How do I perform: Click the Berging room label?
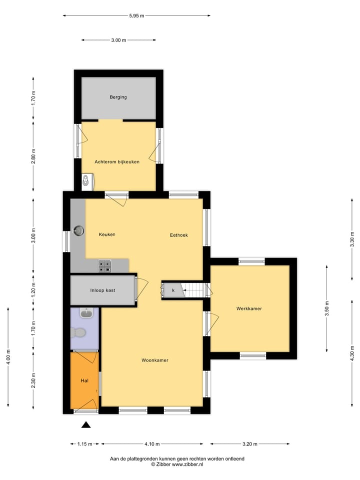click(118, 97)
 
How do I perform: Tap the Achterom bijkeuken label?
click(117, 161)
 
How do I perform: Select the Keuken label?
click(107, 234)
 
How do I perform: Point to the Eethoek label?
click(178, 235)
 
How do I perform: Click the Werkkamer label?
click(249, 308)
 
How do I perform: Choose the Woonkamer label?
click(154, 360)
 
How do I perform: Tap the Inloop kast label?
click(102, 290)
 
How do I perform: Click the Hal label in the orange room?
click(84, 380)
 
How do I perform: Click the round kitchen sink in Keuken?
click(78, 230)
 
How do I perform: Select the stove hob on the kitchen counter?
click(105, 266)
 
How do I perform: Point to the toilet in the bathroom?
click(78, 332)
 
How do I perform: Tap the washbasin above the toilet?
click(86, 313)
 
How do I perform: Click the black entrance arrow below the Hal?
click(86, 425)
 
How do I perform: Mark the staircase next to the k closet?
click(194, 290)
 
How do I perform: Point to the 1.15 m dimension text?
click(85, 443)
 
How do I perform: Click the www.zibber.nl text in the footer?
click(187, 464)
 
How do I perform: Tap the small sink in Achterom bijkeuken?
click(87, 180)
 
